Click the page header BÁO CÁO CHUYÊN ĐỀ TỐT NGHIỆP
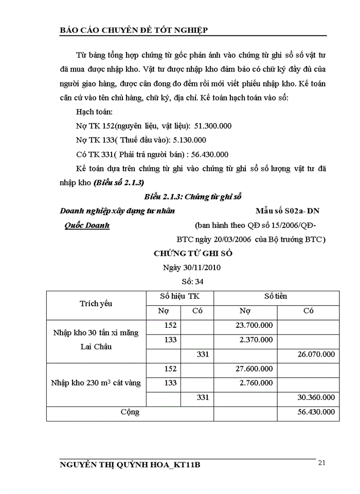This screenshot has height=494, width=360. point(134,30)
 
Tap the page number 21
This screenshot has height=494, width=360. point(322,463)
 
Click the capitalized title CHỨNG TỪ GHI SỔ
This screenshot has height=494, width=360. point(193,254)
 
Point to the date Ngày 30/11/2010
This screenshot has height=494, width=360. point(193,268)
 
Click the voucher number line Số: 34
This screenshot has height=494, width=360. point(193,281)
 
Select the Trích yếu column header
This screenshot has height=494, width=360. point(96,304)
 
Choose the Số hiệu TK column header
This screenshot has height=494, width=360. point(180,296)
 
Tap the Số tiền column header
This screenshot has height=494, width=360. point(276,296)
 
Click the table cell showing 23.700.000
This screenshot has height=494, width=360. point(254,325)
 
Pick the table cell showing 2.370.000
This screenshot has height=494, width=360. point(256,340)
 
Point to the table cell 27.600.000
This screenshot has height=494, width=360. point(254,369)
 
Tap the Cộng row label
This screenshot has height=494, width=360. point(130,412)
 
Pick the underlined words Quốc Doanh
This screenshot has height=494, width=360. point(87,225)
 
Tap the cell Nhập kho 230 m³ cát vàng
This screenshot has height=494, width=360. point(96,383)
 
